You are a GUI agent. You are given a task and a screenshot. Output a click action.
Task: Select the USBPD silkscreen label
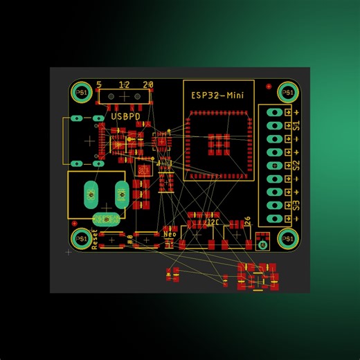(125, 118)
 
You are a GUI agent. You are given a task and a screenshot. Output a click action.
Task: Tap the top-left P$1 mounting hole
(81, 92)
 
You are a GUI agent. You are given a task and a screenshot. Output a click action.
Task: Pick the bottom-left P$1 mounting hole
(81, 239)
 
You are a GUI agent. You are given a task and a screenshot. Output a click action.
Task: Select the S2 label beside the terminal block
(297, 165)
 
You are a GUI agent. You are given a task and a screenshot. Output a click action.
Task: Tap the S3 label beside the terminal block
(297, 205)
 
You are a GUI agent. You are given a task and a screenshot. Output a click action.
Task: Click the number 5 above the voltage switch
(100, 84)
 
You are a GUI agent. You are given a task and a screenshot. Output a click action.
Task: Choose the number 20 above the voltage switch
(147, 84)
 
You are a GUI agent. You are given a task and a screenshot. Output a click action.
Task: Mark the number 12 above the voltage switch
(124, 84)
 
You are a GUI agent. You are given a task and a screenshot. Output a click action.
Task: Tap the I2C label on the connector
(212, 224)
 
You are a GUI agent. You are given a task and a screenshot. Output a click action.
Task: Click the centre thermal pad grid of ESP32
(219, 143)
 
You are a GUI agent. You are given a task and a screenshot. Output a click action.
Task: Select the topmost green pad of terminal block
(274, 112)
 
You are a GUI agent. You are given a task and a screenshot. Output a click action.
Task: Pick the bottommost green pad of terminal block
(274, 218)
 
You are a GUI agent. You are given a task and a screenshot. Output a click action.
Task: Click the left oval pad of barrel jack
(91, 196)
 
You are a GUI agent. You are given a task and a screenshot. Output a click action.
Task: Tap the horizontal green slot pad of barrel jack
(105, 219)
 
